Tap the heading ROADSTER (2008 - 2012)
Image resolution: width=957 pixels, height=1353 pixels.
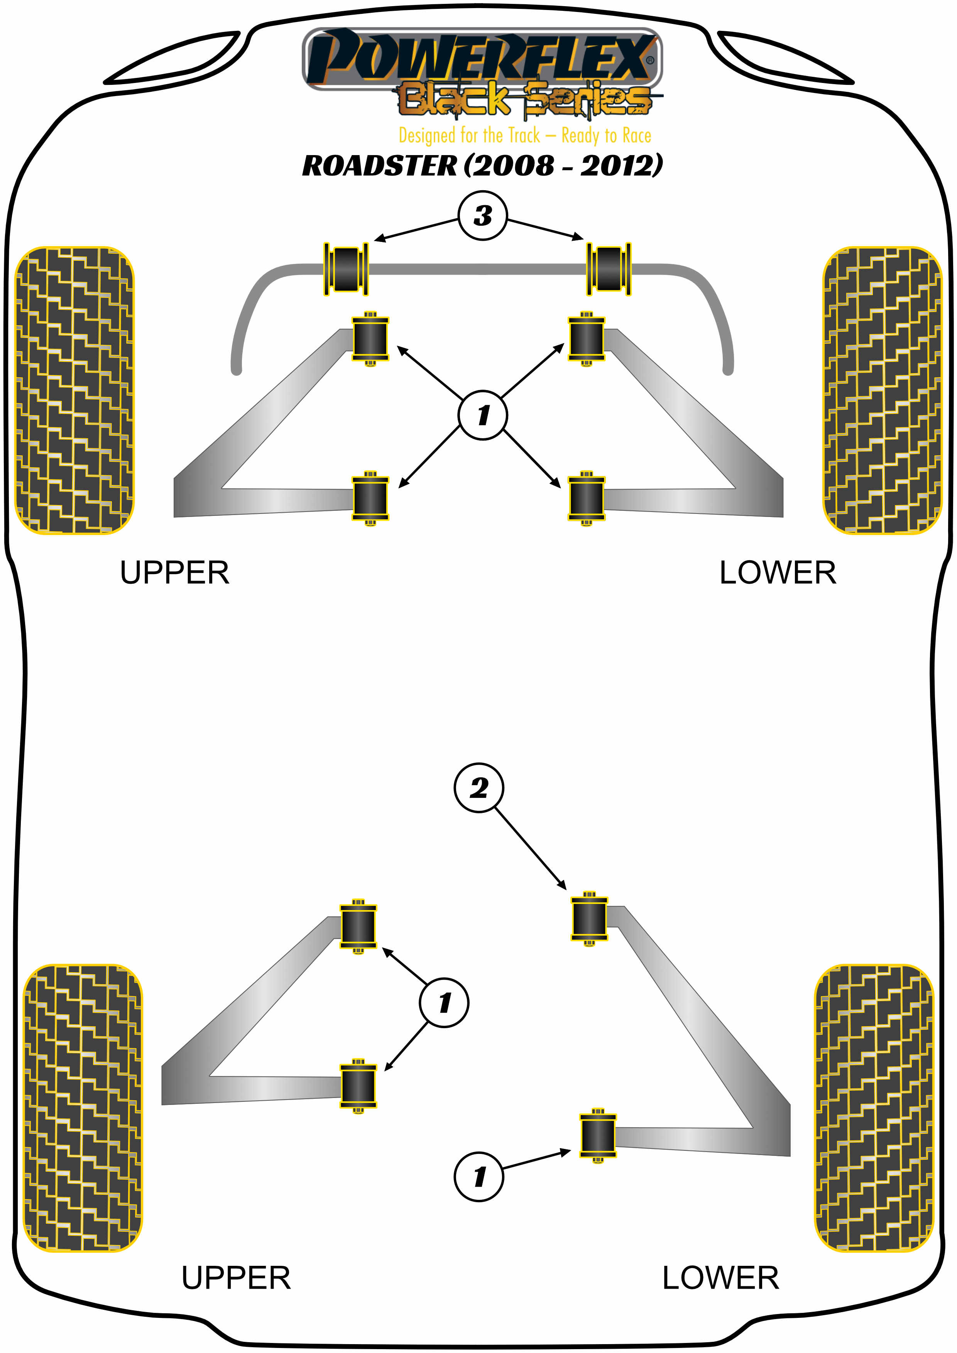(x=482, y=166)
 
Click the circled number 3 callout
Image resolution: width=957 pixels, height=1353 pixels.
(x=483, y=216)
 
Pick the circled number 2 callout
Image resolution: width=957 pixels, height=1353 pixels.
(x=478, y=788)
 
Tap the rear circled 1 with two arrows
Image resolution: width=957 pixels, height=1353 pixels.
(x=444, y=1002)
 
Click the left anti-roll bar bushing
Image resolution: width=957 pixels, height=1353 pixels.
(x=347, y=269)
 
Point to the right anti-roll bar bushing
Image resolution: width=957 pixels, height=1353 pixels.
(x=609, y=269)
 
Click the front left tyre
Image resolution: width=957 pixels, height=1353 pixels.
(x=74, y=390)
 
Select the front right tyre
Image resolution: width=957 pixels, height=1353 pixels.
(x=882, y=390)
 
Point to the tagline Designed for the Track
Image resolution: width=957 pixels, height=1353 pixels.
(x=524, y=135)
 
